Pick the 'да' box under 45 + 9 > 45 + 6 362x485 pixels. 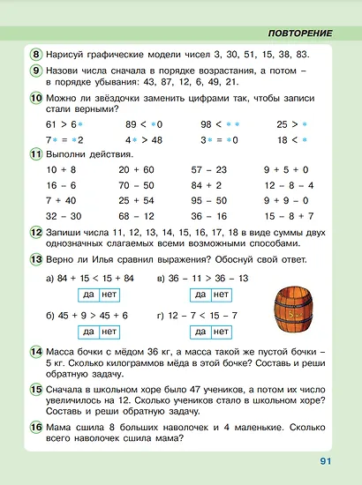click(87, 332)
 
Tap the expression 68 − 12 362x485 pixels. click(135, 214)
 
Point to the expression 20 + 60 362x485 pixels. click(135, 168)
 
